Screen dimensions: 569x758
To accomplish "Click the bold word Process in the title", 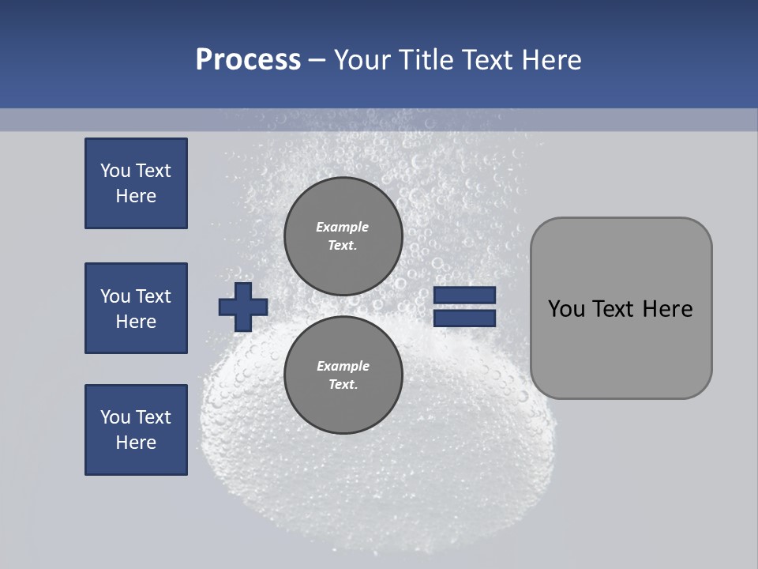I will (248, 60).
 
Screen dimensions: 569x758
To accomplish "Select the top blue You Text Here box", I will (136, 183).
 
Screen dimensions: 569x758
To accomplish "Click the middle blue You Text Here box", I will (136, 308).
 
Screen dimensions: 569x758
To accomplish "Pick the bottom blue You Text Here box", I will (136, 430).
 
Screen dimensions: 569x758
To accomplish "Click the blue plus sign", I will (243, 307).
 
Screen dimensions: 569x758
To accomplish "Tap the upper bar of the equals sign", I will (464, 296).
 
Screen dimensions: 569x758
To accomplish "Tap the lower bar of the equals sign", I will (464, 318).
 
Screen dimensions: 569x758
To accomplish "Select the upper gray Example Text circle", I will (343, 236).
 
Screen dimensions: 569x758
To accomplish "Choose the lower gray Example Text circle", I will (343, 375).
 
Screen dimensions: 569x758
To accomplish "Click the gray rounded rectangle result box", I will (621, 308).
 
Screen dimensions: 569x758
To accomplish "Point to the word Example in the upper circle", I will (343, 227).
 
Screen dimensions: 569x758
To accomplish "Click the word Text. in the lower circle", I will (343, 384).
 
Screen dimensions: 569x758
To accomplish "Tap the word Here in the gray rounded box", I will (667, 309).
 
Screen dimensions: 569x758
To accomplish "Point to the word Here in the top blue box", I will (136, 196).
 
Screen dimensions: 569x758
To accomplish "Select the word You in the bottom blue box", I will (115, 417).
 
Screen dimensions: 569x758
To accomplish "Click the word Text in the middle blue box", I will (153, 296).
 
